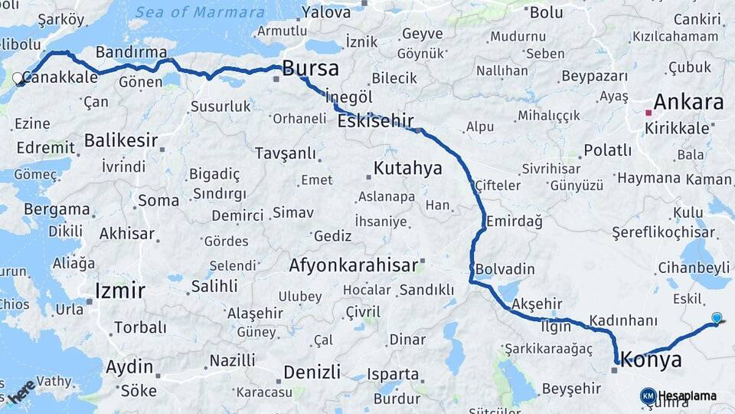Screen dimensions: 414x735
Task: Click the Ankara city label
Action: click(688, 103)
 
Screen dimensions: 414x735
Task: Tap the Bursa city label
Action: click(310, 68)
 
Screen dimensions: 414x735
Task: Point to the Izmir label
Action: click(119, 291)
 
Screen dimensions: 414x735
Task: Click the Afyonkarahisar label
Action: click(353, 265)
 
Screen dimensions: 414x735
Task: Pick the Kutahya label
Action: click(407, 168)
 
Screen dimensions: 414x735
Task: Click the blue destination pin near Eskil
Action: click(716, 317)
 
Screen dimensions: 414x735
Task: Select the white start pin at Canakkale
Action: click(18, 78)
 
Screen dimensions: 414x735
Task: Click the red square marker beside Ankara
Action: click(648, 113)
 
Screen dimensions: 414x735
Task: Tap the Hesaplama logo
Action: click(678, 396)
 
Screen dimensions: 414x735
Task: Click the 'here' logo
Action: click(23, 392)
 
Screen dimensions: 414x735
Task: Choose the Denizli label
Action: click(312, 373)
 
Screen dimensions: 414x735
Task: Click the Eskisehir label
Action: click(375, 120)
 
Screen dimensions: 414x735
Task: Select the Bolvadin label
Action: click(505, 270)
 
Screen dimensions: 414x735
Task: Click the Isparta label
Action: click(393, 375)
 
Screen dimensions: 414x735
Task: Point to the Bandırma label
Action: click(132, 52)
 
